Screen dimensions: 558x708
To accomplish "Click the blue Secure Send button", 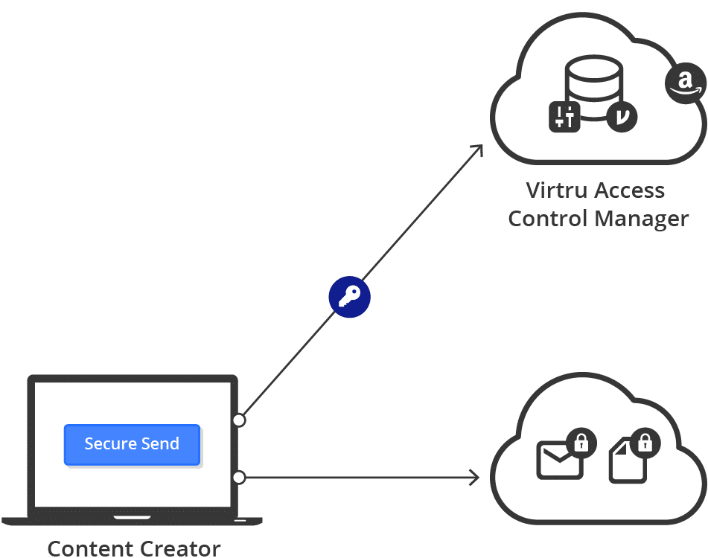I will click(132, 444).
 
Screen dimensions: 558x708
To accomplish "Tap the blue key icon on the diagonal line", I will click(349, 298).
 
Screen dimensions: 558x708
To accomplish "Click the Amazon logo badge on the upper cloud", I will click(685, 83).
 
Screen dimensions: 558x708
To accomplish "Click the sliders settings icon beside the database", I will click(564, 117).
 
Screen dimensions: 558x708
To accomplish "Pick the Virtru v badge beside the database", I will click(622, 117).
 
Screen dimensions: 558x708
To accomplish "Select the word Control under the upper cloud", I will click(546, 219).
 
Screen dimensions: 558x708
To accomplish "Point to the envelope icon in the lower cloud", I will click(558, 460).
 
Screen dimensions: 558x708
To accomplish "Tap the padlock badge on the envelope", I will click(581, 444).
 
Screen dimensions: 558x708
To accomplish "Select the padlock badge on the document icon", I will click(645, 444).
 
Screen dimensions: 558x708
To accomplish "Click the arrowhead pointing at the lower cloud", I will click(473, 476).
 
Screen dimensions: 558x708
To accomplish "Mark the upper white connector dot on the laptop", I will click(239, 420).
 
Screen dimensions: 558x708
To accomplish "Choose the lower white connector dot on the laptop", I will click(239, 477).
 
